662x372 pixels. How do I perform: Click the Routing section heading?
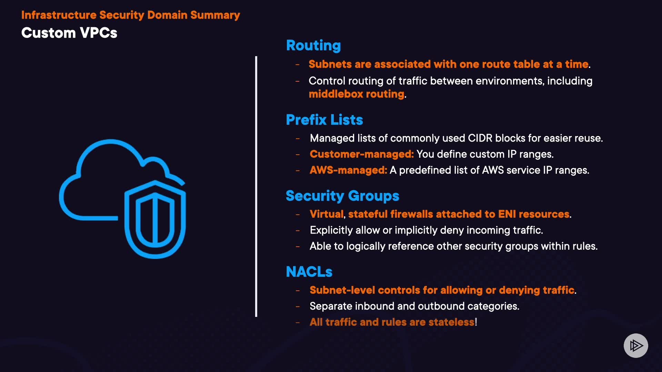click(x=313, y=45)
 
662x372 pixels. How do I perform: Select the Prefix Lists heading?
click(x=324, y=120)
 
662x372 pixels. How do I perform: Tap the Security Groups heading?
click(x=342, y=196)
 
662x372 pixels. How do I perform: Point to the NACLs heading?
click(x=309, y=272)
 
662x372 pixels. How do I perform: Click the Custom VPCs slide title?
click(x=69, y=33)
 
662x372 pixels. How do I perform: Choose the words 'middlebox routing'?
click(x=356, y=94)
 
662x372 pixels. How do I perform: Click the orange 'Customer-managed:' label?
click(x=361, y=154)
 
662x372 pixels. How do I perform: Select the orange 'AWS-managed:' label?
click(x=348, y=170)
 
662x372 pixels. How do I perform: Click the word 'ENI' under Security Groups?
click(x=507, y=214)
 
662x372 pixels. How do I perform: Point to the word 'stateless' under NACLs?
click(x=451, y=322)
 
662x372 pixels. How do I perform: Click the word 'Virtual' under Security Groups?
click(x=326, y=214)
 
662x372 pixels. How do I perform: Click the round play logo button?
click(x=636, y=345)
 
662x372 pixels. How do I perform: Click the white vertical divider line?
click(x=256, y=186)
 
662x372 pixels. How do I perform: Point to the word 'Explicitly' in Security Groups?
click(x=331, y=230)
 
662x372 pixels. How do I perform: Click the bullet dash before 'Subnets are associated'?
click(x=297, y=64)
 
